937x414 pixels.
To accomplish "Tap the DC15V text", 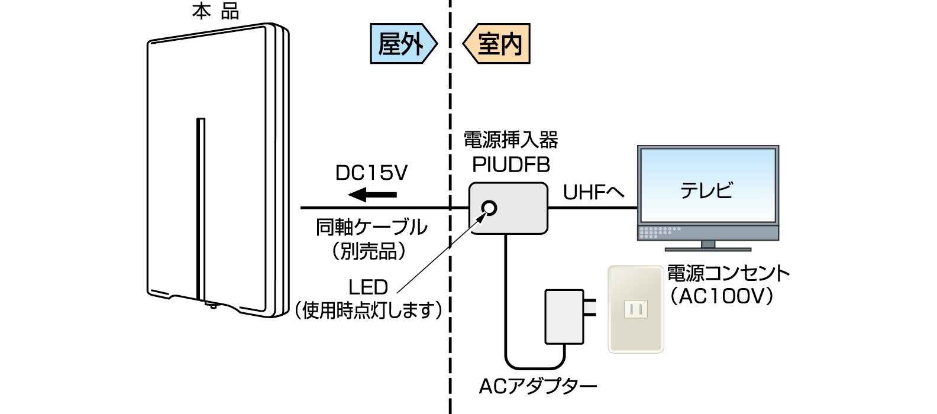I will (x=371, y=173).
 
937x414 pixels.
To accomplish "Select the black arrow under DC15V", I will (x=372, y=194).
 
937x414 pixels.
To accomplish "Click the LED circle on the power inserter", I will (x=489, y=208).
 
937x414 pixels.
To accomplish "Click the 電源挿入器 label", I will (x=510, y=140).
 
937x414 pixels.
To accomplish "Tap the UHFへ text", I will (x=593, y=192).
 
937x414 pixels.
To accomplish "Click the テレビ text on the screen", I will (x=707, y=190).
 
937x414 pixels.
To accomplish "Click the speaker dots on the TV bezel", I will (x=659, y=232).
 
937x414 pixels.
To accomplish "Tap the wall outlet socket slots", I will (x=636, y=309).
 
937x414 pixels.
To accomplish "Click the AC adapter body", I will (x=564, y=316).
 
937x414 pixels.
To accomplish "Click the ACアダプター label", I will (x=537, y=386).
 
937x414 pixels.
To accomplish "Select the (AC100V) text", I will (x=722, y=296).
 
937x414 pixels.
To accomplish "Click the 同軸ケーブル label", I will (x=371, y=227).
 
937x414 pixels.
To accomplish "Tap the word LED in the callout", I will (x=368, y=287).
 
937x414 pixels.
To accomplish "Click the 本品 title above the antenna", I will (x=215, y=11).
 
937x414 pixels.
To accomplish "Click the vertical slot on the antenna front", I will (x=201, y=207).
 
